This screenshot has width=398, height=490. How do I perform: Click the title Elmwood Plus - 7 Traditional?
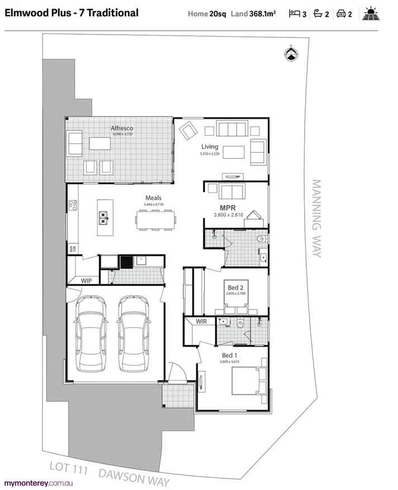pos(72,13)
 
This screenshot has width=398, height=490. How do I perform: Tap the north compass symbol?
pos(291,54)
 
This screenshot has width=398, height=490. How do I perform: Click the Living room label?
pos(210,146)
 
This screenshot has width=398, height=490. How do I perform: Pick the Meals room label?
pos(154,198)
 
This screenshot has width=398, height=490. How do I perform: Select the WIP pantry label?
pos(87,280)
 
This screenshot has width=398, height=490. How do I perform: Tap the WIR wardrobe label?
pos(201,322)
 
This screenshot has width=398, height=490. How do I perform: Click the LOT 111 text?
pos(69,467)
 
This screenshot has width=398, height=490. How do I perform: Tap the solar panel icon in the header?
pos(371,13)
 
